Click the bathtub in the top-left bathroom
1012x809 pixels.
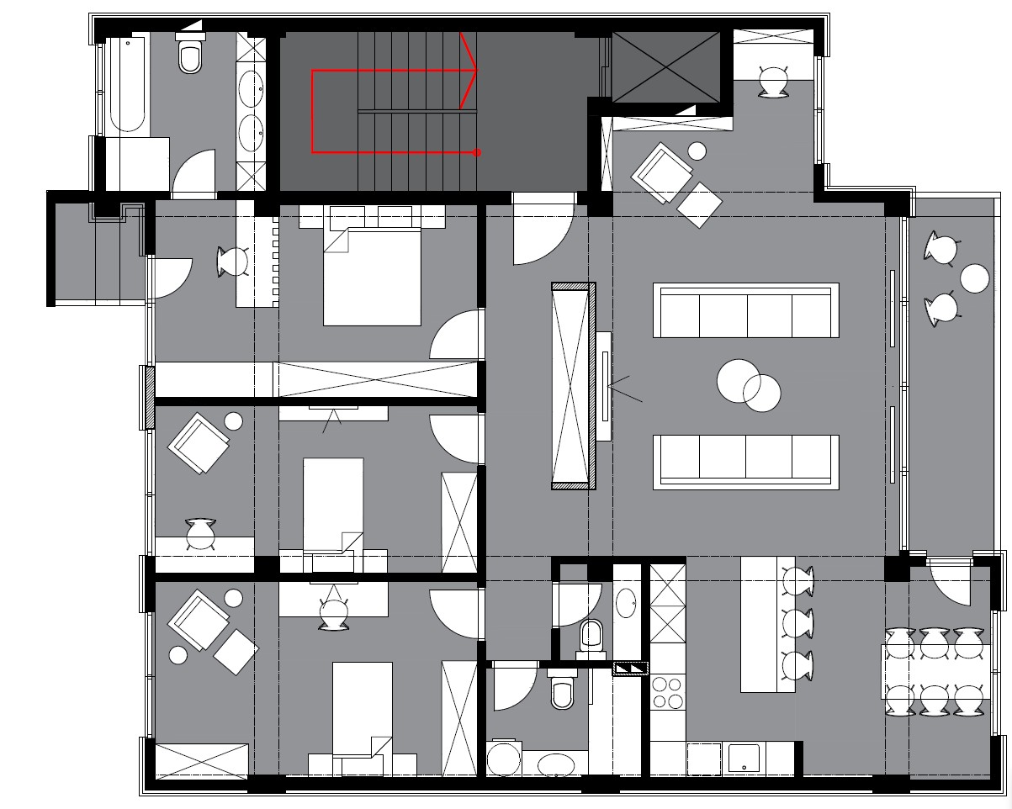[128, 84]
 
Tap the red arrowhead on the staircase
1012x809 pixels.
[469, 71]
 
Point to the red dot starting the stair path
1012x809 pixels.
[477, 153]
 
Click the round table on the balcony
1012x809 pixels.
[975, 278]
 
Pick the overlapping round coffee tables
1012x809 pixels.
[749, 385]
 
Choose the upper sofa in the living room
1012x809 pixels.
[746, 310]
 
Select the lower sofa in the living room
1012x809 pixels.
[746, 461]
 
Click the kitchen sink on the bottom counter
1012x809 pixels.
[744, 759]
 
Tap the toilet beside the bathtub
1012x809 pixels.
[191, 56]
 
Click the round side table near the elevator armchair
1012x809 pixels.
[697, 151]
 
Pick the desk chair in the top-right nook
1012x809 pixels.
[772, 82]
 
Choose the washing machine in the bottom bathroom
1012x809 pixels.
[505, 759]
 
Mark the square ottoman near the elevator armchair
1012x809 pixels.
[700, 204]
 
